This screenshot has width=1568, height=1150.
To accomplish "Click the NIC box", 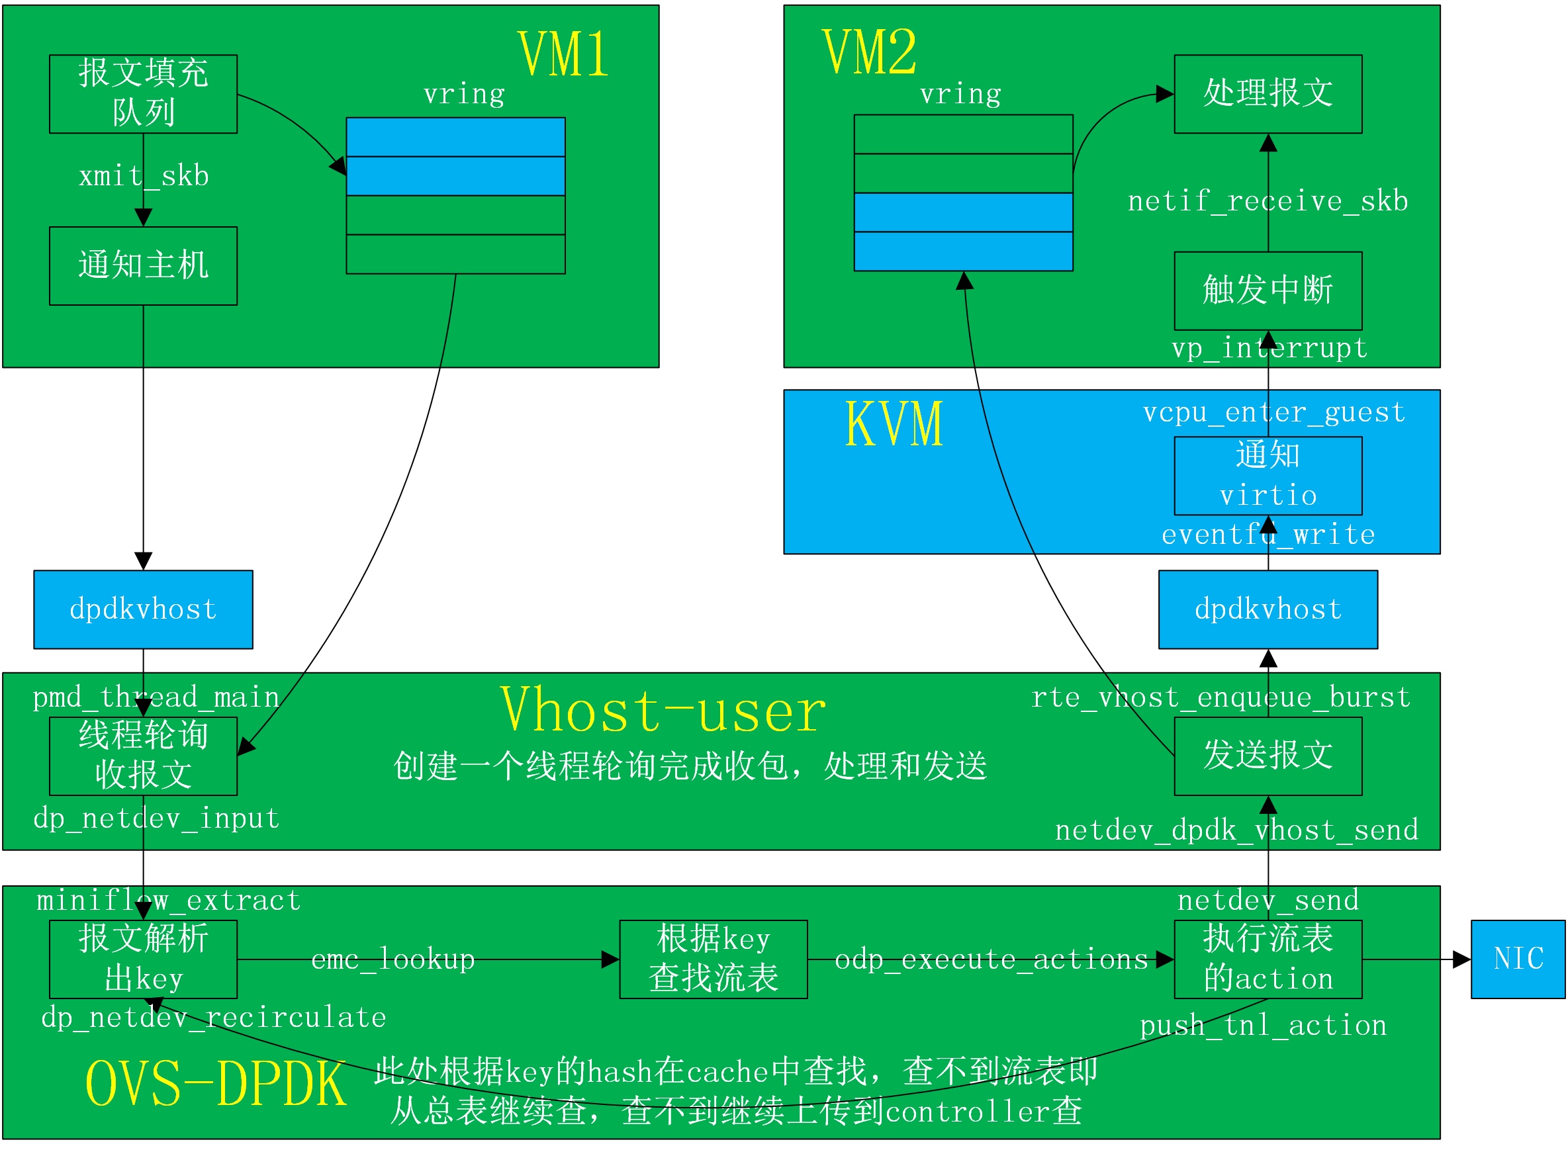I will coord(1517,959).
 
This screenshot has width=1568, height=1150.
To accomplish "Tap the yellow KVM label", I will coord(894,424).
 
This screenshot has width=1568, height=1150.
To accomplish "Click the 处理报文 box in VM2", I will coord(1268,94).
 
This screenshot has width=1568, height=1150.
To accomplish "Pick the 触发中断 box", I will coord(1268,291).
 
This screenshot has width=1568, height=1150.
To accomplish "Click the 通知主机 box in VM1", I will coord(143,266).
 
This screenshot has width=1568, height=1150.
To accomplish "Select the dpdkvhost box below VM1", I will coord(143,610).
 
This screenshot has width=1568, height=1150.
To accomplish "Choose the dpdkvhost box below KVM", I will coord(1268,610).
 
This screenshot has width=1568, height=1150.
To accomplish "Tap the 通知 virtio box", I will coord(1268,476).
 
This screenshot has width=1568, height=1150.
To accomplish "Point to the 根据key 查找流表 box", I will coord(713,959).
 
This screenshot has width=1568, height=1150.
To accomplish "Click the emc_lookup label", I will coord(392,959).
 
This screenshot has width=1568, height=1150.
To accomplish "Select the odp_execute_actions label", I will coord(991,959).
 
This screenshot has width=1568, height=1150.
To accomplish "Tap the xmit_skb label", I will coord(144,175).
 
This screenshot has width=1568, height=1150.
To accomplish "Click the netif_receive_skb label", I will coord(1268,201).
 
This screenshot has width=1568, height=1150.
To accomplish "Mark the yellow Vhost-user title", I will coord(662,711).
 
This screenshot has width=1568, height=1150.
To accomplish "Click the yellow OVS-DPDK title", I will coord(215,1084).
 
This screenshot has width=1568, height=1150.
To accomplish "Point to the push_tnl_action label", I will coord(1262,1026).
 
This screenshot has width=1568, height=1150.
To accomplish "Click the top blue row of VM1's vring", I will coord(455,137).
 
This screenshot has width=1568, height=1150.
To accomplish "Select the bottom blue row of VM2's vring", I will coord(962,251).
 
